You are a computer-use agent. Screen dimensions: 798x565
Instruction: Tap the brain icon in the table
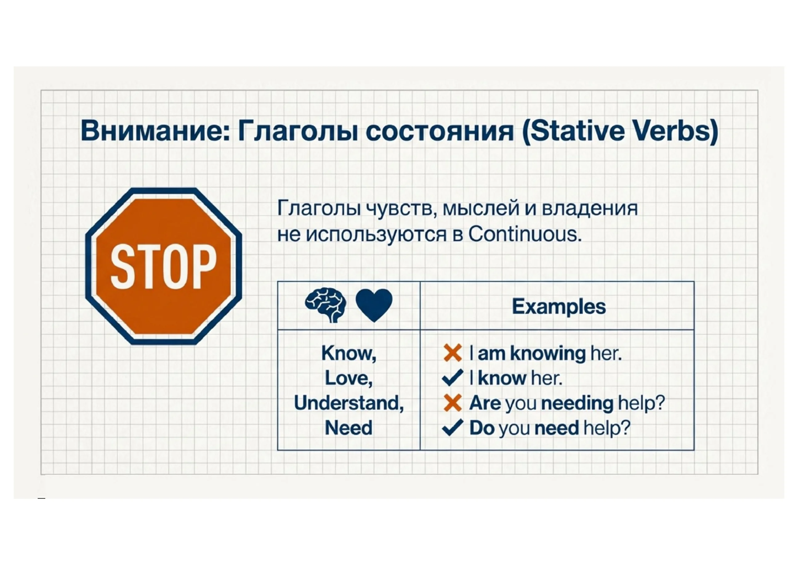pyautogui.click(x=326, y=305)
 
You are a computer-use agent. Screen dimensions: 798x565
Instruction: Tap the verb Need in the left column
pyautogui.click(x=349, y=428)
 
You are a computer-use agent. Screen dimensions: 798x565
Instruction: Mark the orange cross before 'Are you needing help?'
pyautogui.click(x=453, y=403)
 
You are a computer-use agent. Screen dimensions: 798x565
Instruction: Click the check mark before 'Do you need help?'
pyautogui.click(x=453, y=428)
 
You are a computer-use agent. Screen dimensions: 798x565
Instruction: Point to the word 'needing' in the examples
pyautogui.click(x=577, y=404)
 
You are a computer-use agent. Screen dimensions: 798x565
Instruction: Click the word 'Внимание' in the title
pyautogui.click(x=155, y=131)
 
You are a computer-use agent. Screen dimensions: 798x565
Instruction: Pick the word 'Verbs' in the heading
pyautogui.click(x=671, y=131)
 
